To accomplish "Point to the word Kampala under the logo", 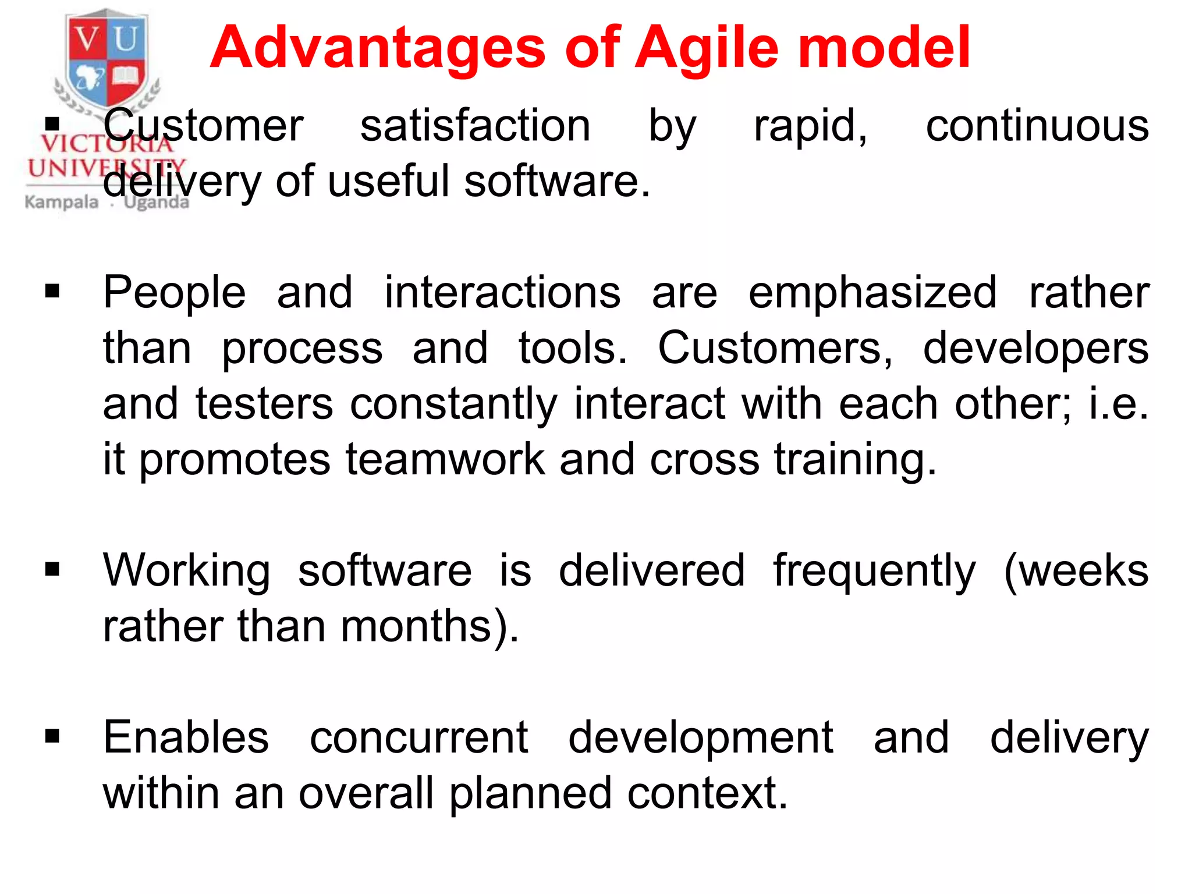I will click(x=62, y=203).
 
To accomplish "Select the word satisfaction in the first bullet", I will click(x=475, y=126).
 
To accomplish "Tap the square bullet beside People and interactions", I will click(x=52, y=291).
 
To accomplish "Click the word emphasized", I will click(x=872, y=292).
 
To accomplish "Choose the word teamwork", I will click(x=445, y=459).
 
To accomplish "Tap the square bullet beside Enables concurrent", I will click(x=52, y=737).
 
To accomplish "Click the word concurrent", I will click(x=418, y=737).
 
